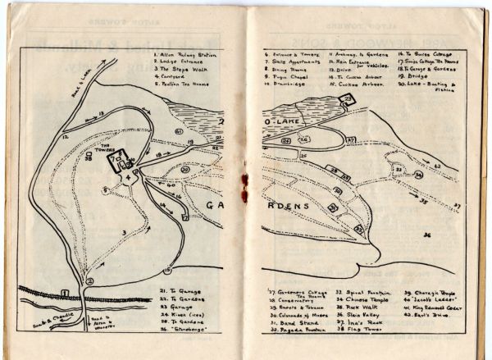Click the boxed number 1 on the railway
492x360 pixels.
pyautogui.click(x=64, y=293)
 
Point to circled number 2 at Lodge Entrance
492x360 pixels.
pyautogui.click(x=90, y=280)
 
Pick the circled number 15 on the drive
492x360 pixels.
pyautogui.click(x=167, y=270)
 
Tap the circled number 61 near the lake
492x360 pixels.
pyautogui.click(x=178, y=131)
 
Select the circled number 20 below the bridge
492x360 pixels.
pyautogui.click(x=185, y=170)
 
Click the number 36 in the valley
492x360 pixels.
pyautogui.click(x=428, y=235)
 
